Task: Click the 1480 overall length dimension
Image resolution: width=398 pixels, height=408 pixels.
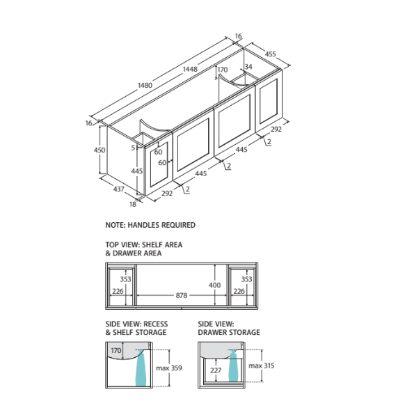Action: pyautogui.click(x=145, y=85)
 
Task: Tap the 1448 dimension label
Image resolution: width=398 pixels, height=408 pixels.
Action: pyautogui.click(x=190, y=69)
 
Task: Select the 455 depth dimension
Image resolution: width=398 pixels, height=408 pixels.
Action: pyautogui.click(x=271, y=54)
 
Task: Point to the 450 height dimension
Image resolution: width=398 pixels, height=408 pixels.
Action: pyautogui.click(x=99, y=150)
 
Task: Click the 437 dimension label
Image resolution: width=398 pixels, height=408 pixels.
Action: pyautogui.click(x=119, y=189)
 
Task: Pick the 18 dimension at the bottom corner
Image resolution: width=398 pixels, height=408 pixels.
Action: pyautogui.click(x=133, y=204)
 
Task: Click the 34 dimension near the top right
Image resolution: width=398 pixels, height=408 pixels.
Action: pyautogui.click(x=248, y=67)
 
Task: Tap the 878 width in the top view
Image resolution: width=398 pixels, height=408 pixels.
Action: pyautogui.click(x=182, y=296)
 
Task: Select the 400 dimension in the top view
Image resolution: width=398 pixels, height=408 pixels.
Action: pyautogui.click(x=215, y=285)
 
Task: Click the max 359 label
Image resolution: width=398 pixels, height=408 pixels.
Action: pyautogui.click(x=169, y=368)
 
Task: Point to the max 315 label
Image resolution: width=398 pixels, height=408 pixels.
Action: pyautogui.click(x=261, y=366)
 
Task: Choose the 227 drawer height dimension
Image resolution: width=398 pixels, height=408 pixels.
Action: pyautogui.click(x=216, y=370)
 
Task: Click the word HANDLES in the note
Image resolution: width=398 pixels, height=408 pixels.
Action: pyautogui.click(x=143, y=225)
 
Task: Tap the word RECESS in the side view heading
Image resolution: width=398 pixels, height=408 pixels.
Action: pyautogui.click(x=156, y=324)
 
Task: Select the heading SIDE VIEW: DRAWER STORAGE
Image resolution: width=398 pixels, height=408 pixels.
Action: pyautogui.click(x=229, y=329)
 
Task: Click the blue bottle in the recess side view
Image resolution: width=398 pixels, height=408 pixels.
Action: pyautogui.click(x=141, y=368)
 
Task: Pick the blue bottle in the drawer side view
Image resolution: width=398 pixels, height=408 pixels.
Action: pyautogui.click(x=233, y=366)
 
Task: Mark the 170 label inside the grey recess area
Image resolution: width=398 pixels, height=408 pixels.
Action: pyautogui.click(x=116, y=351)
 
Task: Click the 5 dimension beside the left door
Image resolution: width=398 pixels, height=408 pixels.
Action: pyautogui.click(x=133, y=148)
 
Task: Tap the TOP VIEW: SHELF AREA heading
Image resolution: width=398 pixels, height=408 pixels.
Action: pyautogui.click(x=144, y=245)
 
